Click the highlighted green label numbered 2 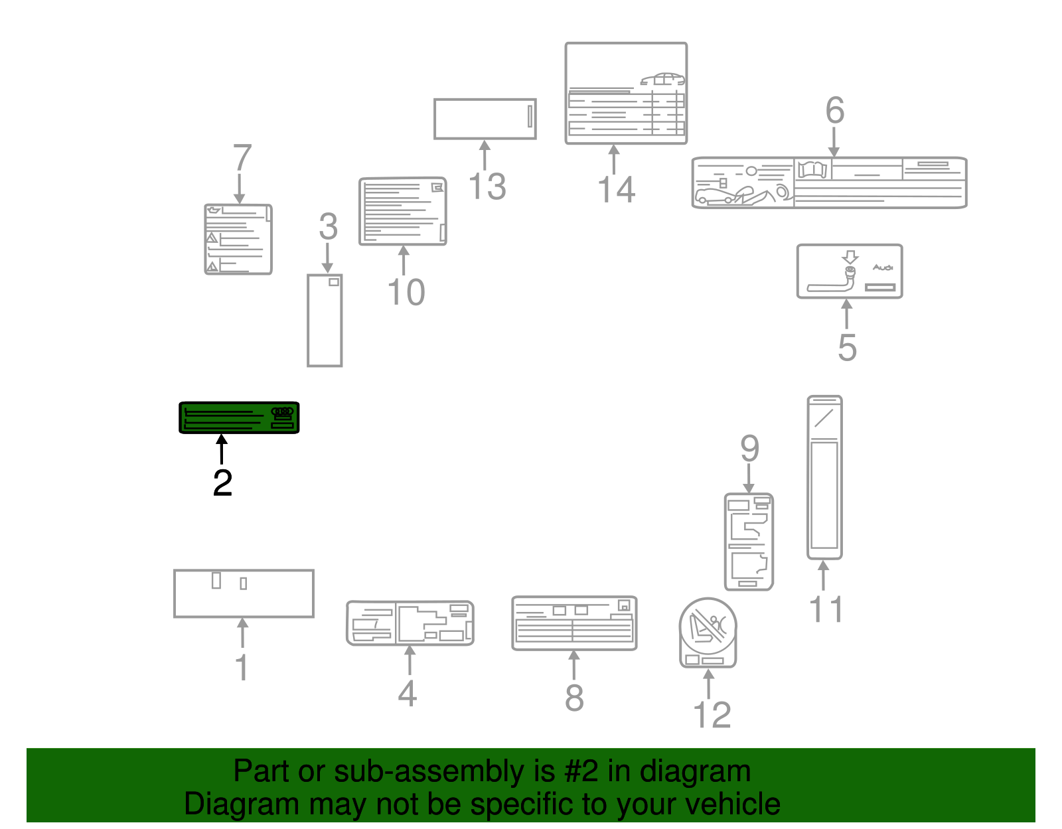click(x=239, y=417)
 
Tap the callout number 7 click(x=242, y=159)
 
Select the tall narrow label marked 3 click(x=325, y=321)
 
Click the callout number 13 click(x=487, y=187)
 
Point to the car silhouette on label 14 click(x=662, y=80)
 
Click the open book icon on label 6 click(x=814, y=169)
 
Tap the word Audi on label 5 click(x=882, y=267)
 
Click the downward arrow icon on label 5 click(x=850, y=257)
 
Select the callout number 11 click(x=826, y=609)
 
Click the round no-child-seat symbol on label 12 click(x=708, y=627)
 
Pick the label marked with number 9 click(x=749, y=542)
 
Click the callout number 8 click(x=574, y=697)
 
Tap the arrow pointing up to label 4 click(x=410, y=660)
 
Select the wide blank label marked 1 click(x=244, y=593)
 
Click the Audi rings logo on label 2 click(x=282, y=412)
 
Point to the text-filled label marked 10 click(x=402, y=211)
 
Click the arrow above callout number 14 click(x=614, y=159)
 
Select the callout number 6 click(x=834, y=110)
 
